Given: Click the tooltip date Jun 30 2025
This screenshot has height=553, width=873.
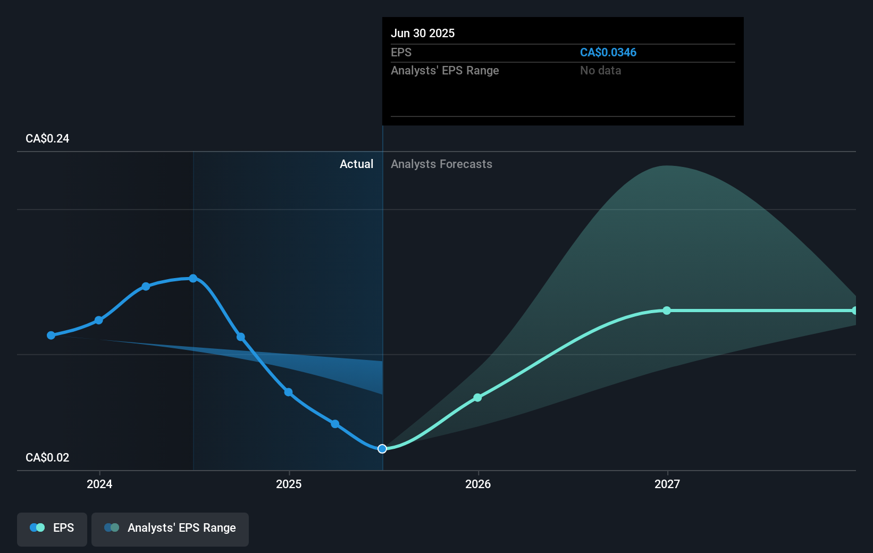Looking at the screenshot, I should click(x=423, y=33).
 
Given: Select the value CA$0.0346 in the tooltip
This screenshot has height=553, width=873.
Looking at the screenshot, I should click(x=608, y=52).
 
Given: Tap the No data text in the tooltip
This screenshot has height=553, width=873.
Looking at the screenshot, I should click(x=600, y=70).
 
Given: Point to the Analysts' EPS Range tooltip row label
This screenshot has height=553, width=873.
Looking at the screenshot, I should click(x=444, y=70).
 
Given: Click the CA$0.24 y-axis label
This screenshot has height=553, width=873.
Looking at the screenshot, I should click(x=47, y=138).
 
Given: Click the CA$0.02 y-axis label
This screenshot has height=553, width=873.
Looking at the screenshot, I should click(x=47, y=457).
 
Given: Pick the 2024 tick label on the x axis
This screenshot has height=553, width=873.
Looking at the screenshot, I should click(x=99, y=484).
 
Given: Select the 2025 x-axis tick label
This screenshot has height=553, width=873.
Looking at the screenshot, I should click(x=289, y=484).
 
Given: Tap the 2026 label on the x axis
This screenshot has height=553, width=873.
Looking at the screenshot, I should click(x=478, y=484).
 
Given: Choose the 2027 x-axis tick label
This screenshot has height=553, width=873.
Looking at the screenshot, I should click(x=667, y=484).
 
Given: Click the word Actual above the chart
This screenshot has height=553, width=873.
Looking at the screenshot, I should click(x=356, y=164).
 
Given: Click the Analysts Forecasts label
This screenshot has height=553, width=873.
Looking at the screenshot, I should click(x=441, y=164).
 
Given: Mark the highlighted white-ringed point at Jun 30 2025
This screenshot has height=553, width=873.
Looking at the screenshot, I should click(x=382, y=449).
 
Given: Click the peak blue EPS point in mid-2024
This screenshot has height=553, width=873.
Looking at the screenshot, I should click(x=193, y=278).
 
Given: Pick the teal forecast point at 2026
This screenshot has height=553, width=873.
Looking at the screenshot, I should click(x=477, y=398).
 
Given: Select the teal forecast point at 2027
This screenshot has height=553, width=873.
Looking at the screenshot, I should click(x=667, y=311).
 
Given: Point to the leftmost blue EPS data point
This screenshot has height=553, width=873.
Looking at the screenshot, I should click(x=51, y=336).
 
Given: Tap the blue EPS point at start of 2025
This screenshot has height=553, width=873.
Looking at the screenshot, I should click(x=288, y=392).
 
